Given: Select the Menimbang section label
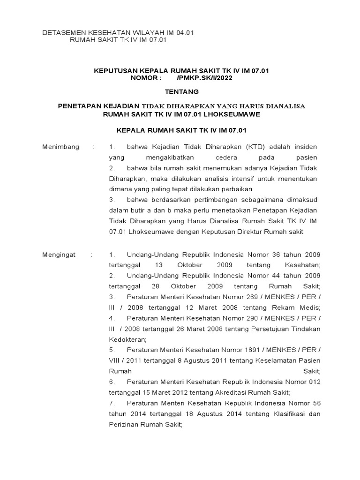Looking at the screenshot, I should point(61,147).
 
